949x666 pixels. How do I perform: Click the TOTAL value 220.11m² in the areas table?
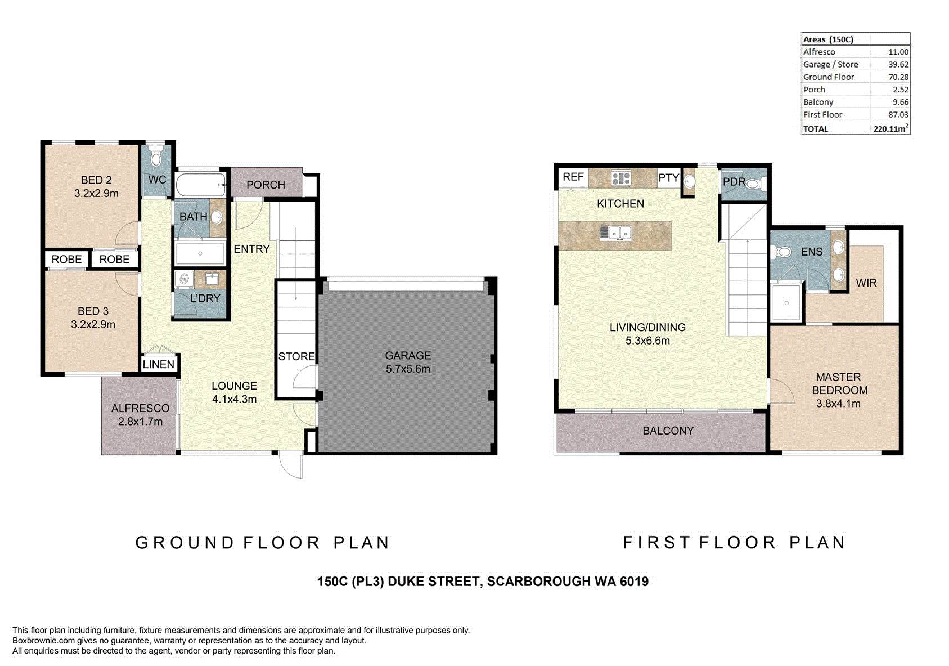click(x=891, y=128)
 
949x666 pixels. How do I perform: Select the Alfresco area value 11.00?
click(x=898, y=52)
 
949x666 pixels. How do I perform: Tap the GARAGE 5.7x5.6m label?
click(x=408, y=362)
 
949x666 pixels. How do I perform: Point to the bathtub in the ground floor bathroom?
click(x=200, y=185)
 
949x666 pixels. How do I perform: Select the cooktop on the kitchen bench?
click(x=621, y=178)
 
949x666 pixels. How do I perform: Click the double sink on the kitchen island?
click(x=617, y=233)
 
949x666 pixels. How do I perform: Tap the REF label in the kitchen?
click(x=573, y=177)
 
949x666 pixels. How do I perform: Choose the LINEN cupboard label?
click(x=159, y=364)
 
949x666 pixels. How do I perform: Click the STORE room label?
click(x=296, y=356)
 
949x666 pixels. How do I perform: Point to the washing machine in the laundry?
click(x=185, y=279)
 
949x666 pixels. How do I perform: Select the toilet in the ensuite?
click(x=782, y=252)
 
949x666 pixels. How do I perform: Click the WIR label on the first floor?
click(x=866, y=283)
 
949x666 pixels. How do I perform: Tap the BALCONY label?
click(x=668, y=431)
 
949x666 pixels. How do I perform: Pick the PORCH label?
click(x=266, y=185)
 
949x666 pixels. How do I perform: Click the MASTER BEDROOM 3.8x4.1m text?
click(x=838, y=390)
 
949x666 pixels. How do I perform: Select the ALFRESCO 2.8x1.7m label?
click(x=140, y=414)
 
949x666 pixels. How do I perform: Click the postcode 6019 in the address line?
click(x=634, y=581)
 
